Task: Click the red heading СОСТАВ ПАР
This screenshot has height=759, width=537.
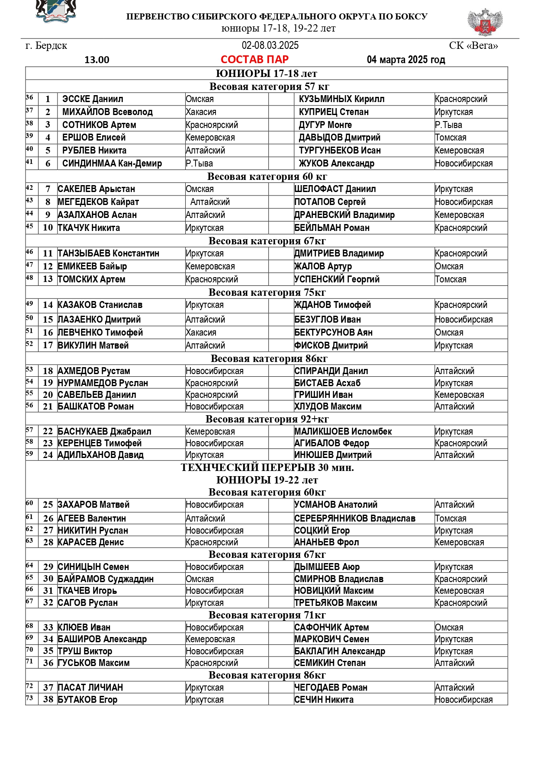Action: (x=254, y=59)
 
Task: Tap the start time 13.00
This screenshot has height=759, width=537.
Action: (x=97, y=60)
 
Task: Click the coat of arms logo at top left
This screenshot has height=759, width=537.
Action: (x=56, y=11)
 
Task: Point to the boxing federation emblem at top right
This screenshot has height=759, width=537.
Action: (x=485, y=22)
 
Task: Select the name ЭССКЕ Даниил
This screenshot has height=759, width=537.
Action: (x=93, y=99)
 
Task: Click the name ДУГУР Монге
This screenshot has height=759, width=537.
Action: (x=325, y=125)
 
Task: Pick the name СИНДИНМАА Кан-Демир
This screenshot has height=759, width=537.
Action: (x=112, y=163)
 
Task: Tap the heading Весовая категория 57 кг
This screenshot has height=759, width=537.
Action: (x=269, y=86)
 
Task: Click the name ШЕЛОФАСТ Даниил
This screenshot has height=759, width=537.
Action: (x=335, y=189)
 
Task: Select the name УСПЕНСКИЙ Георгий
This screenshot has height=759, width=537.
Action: (x=337, y=279)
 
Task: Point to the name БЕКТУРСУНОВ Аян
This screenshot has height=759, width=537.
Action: (x=333, y=333)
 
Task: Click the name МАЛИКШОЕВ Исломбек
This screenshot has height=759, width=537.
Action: (x=343, y=432)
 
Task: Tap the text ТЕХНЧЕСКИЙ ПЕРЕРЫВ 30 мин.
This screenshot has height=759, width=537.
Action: (x=267, y=468)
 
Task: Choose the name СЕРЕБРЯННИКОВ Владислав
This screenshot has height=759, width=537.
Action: (x=354, y=519)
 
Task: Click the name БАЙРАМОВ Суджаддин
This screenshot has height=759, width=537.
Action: (x=106, y=579)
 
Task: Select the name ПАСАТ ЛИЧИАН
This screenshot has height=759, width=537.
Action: (x=90, y=688)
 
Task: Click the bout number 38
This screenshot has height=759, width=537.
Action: (x=48, y=700)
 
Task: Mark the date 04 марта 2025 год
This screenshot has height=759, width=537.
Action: (x=406, y=60)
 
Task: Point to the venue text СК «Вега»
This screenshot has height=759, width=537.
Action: (x=473, y=46)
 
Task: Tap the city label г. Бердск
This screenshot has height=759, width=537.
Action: (x=46, y=46)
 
